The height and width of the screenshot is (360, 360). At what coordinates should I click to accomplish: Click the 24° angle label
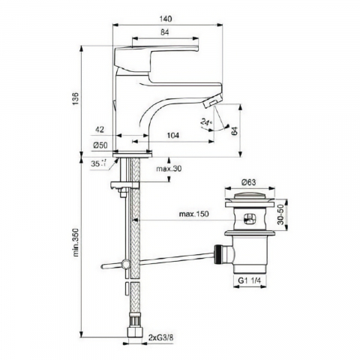207,124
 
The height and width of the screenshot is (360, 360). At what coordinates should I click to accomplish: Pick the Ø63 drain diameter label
247,181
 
